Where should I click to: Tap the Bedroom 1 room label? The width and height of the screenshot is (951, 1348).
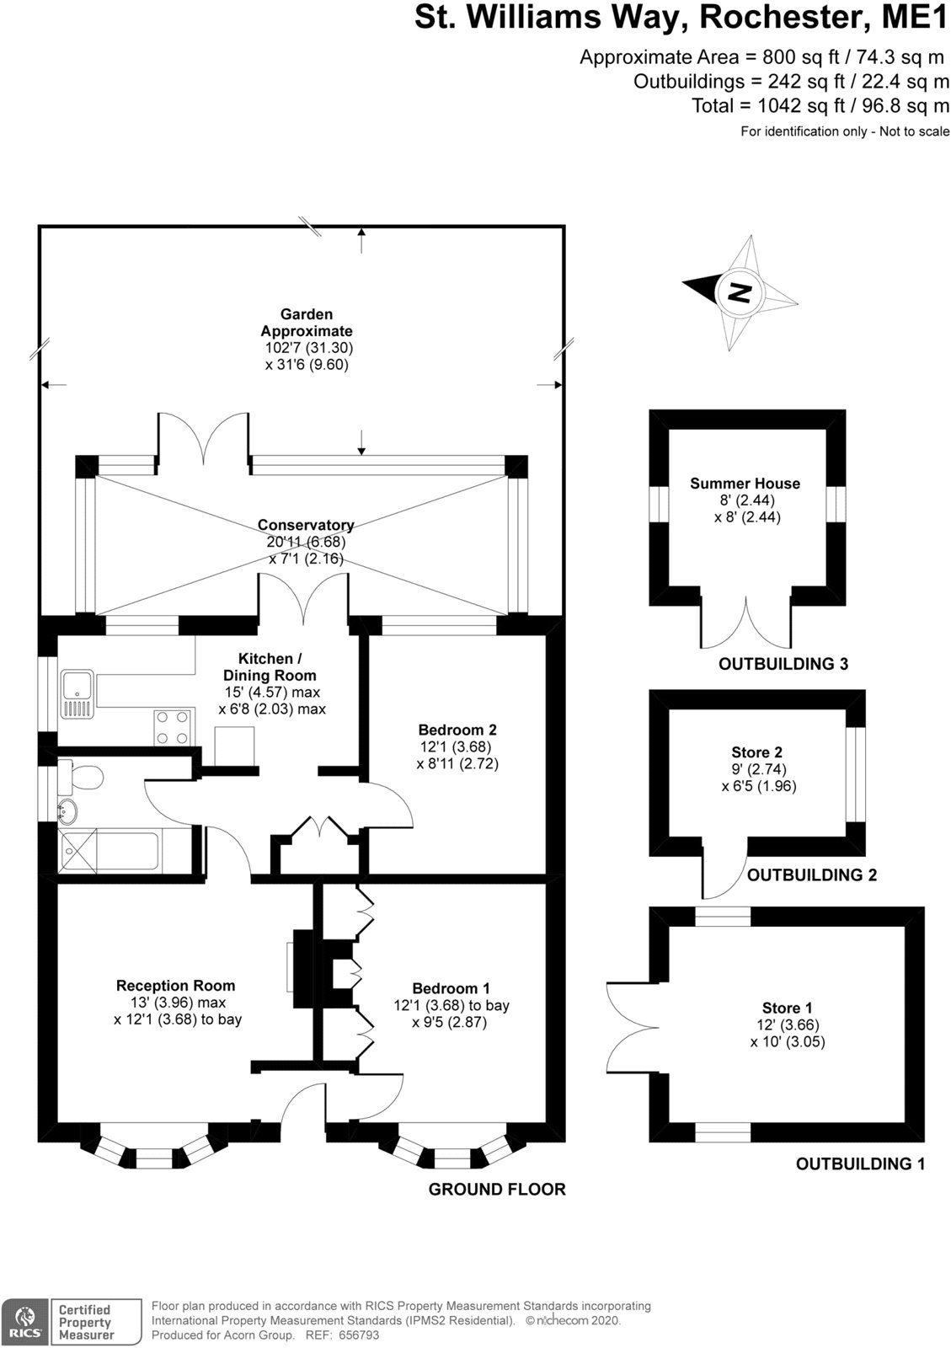click(451, 988)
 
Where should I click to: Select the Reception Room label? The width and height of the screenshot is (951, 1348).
click(175, 985)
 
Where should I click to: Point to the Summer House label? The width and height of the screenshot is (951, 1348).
click(745, 484)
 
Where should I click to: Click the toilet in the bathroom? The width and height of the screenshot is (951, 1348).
click(81, 776)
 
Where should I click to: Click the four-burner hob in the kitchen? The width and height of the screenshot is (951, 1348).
click(173, 728)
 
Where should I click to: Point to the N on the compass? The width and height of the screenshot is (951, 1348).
click(740, 292)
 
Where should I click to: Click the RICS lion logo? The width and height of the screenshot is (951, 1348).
click(22, 1322)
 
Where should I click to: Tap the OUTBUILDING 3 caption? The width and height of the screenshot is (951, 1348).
click(783, 664)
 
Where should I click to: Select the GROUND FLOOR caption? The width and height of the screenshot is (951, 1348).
click(497, 1189)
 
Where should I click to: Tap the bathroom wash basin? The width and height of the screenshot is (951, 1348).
click(67, 811)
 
